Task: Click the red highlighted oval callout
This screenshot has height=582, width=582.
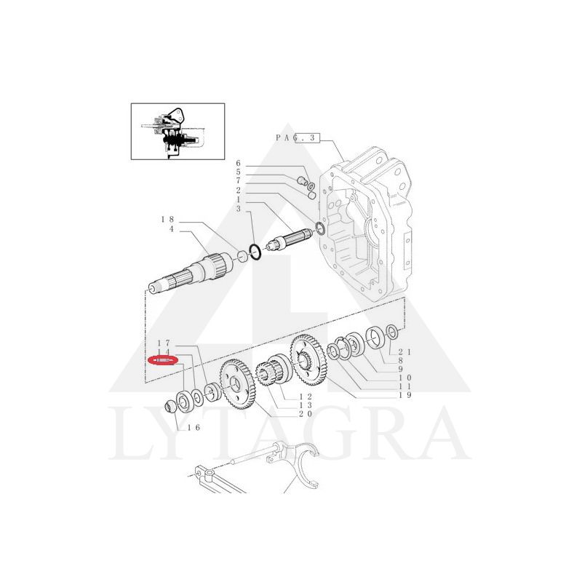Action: click(x=163, y=359)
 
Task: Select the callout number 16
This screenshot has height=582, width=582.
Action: click(x=194, y=428)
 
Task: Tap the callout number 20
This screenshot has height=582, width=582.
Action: click(x=304, y=413)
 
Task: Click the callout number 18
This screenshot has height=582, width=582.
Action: click(x=167, y=219)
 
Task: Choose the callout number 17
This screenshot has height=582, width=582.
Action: click(x=164, y=342)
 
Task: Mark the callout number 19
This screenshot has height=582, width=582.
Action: click(x=405, y=396)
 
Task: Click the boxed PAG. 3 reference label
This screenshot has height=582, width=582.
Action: click(x=298, y=137)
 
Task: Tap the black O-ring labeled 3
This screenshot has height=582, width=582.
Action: click(x=255, y=252)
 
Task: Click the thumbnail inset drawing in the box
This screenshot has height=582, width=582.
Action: click(x=178, y=131)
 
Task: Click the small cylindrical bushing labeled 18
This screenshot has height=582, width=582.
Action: click(x=242, y=255)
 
